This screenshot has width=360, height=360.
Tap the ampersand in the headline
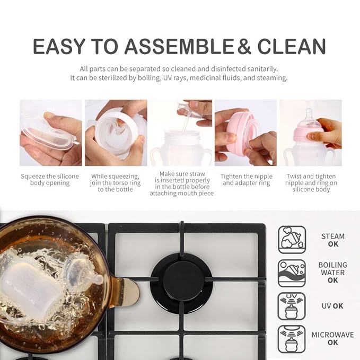(244, 46)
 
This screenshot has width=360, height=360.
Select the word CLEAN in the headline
(292, 46)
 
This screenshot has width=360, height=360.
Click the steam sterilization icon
(292, 240)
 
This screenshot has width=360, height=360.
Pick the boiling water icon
(292, 273)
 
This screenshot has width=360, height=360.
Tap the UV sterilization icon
(292, 306)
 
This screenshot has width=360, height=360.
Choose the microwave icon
(292, 339)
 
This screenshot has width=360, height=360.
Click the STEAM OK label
(333, 240)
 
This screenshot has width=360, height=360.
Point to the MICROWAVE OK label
(332, 339)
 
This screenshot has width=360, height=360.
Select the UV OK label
(332, 306)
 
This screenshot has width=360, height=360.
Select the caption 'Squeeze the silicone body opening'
(50, 180)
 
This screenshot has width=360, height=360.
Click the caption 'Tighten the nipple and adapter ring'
(247, 180)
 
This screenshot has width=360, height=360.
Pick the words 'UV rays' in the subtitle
(175, 78)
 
